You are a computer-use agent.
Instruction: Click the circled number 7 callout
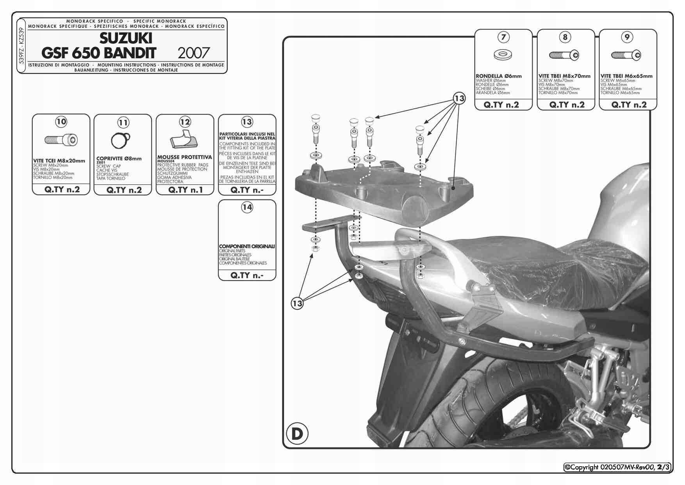coord(503,37)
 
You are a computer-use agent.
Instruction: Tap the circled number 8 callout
coord(565,37)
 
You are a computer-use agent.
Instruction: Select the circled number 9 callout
coord(627,37)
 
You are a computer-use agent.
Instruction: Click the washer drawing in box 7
coord(503,54)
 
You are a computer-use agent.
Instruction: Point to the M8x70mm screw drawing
coord(564,55)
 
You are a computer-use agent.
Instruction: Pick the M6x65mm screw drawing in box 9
coord(626,55)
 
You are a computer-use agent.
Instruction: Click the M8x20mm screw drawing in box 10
coord(61,140)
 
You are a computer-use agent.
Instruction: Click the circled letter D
coord(297,433)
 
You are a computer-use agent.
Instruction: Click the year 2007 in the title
coord(194,53)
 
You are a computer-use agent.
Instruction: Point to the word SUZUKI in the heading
coord(126,38)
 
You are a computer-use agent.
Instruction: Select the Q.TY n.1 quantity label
coord(185,190)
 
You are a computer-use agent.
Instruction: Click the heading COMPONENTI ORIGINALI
coord(247,246)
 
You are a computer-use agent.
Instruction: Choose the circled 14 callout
coord(247,207)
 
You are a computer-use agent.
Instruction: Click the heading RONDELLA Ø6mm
coord(499,76)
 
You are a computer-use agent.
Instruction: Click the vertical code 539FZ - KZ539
coord(21,46)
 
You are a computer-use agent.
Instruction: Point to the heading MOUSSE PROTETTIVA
coord(184,157)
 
